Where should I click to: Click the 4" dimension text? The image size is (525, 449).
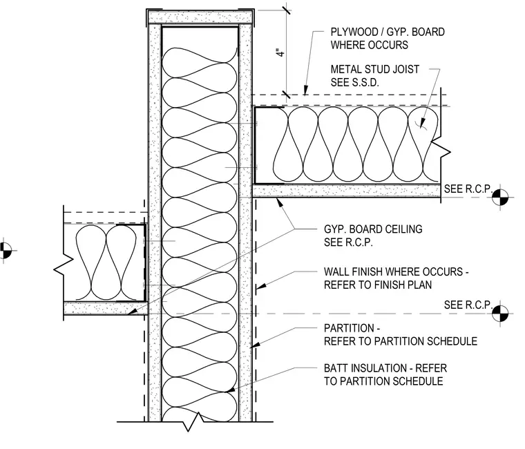280,53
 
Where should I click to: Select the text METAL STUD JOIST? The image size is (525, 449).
374,69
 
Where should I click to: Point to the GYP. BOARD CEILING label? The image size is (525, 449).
373,229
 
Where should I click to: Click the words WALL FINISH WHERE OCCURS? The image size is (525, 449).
393,271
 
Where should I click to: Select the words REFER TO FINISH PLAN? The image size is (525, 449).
378,285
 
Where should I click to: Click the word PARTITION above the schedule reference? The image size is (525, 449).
349,328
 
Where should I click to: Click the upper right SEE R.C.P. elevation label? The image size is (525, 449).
468,189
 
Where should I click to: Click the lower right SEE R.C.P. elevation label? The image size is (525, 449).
468,305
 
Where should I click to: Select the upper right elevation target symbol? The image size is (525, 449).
500,197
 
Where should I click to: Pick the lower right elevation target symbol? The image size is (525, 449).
500,314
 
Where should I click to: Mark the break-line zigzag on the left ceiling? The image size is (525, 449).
64,265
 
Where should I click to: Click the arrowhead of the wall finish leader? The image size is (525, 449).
261,286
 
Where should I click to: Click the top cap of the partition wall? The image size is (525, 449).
200,17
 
